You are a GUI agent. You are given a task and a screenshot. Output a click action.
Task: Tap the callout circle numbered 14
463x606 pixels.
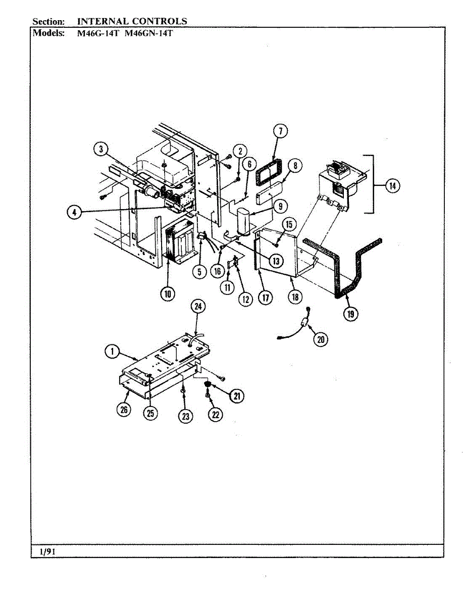tap(392, 186)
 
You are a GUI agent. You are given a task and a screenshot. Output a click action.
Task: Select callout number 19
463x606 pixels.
tap(349, 314)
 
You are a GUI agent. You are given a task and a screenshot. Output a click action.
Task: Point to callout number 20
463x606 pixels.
tap(319, 339)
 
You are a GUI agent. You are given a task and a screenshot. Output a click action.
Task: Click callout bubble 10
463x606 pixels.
tap(167, 293)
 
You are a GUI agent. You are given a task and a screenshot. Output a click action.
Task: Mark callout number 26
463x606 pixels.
tap(123, 410)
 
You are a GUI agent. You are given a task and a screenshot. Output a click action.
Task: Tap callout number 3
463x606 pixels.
tap(101, 149)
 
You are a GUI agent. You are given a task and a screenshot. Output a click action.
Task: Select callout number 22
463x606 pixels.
tap(216, 414)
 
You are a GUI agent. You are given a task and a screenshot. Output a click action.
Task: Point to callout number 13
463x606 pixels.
tap(276, 261)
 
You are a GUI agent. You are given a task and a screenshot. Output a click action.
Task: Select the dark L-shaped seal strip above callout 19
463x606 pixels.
tap(348, 268)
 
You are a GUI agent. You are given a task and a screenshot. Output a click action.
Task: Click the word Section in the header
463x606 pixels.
tap(48, 21)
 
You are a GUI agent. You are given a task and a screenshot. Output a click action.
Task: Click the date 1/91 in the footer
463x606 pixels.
tap(47, 552)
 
